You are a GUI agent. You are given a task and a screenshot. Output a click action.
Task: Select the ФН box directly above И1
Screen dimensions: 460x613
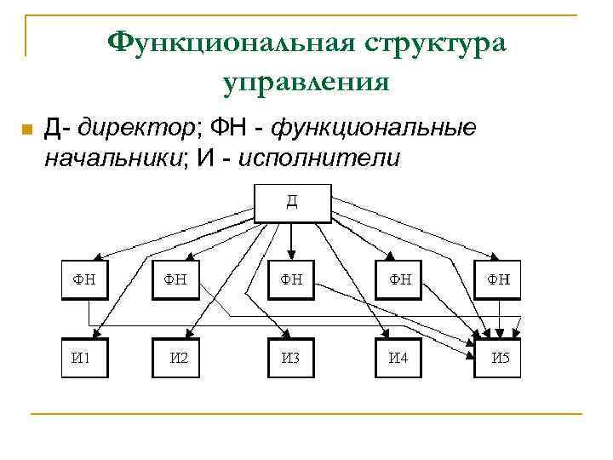click(x=84, y=279)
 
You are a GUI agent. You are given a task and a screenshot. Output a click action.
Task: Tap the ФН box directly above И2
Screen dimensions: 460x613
click(x=176, y=279)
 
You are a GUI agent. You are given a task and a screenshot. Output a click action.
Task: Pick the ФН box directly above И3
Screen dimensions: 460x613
click(x=291, y=279)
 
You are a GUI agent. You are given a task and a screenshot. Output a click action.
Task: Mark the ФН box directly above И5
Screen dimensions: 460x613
click(x=497, y=279)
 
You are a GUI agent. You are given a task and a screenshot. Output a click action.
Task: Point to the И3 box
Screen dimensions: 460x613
click(x=291, y=358)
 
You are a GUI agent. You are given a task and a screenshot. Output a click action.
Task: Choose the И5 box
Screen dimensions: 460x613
click(x=497, y=358)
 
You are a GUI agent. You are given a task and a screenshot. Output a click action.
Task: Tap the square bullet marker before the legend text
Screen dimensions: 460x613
click(x=26, y=129)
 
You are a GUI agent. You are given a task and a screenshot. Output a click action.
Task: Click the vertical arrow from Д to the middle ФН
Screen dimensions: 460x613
click(x=291, y=240)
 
